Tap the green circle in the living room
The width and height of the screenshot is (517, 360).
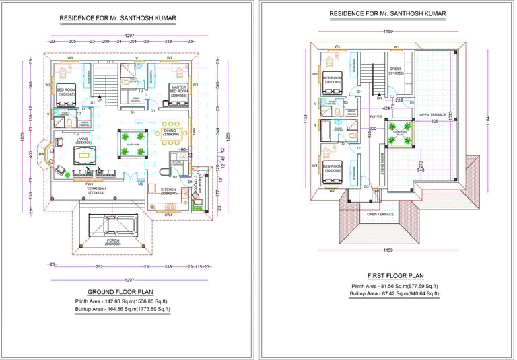click(x=67, y=174)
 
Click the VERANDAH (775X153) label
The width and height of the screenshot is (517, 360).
click(x=88, y=190)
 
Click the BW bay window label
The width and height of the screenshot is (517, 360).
click(x=41, y=154)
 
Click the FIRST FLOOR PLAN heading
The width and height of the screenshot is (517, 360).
click(x=396, y=276)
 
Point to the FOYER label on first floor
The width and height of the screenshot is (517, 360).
click(x=376, y=116)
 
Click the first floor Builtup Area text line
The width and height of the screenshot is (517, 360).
click(x=395, y=293)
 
